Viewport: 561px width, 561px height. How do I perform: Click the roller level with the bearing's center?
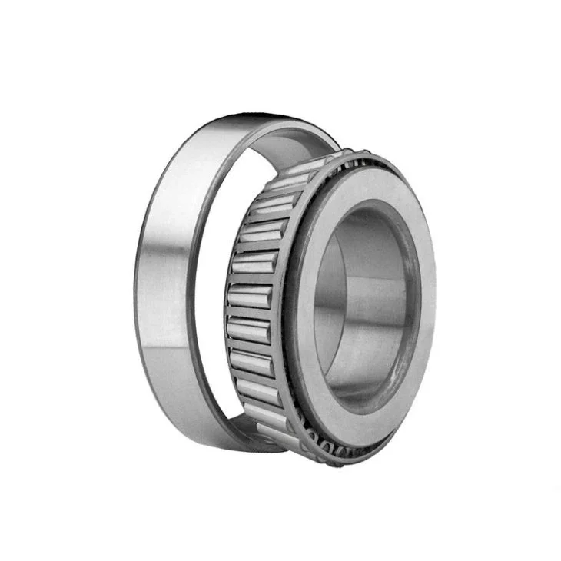point(247,296)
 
